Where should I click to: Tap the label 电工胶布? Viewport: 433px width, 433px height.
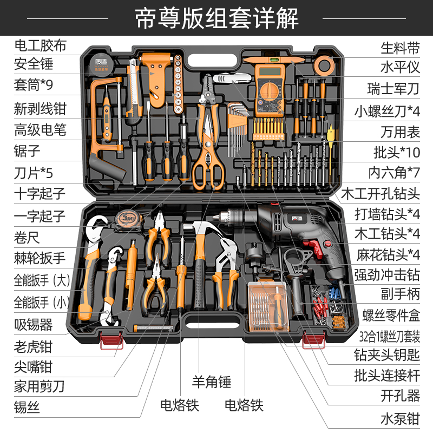[x=40, y=45]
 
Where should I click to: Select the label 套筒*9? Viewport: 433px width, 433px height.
[x=33, y=86]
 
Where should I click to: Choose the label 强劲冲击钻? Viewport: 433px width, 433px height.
[x=387, y=274]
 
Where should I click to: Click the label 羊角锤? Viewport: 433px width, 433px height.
[x=212, y=382]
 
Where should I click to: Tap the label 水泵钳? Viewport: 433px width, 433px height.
[x=400, y=418]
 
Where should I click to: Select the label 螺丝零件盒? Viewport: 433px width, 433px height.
[x=391, y=315]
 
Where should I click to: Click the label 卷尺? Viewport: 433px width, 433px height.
[x=27, y=237]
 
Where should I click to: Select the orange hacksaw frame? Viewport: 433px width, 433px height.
[x=103, y=124]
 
